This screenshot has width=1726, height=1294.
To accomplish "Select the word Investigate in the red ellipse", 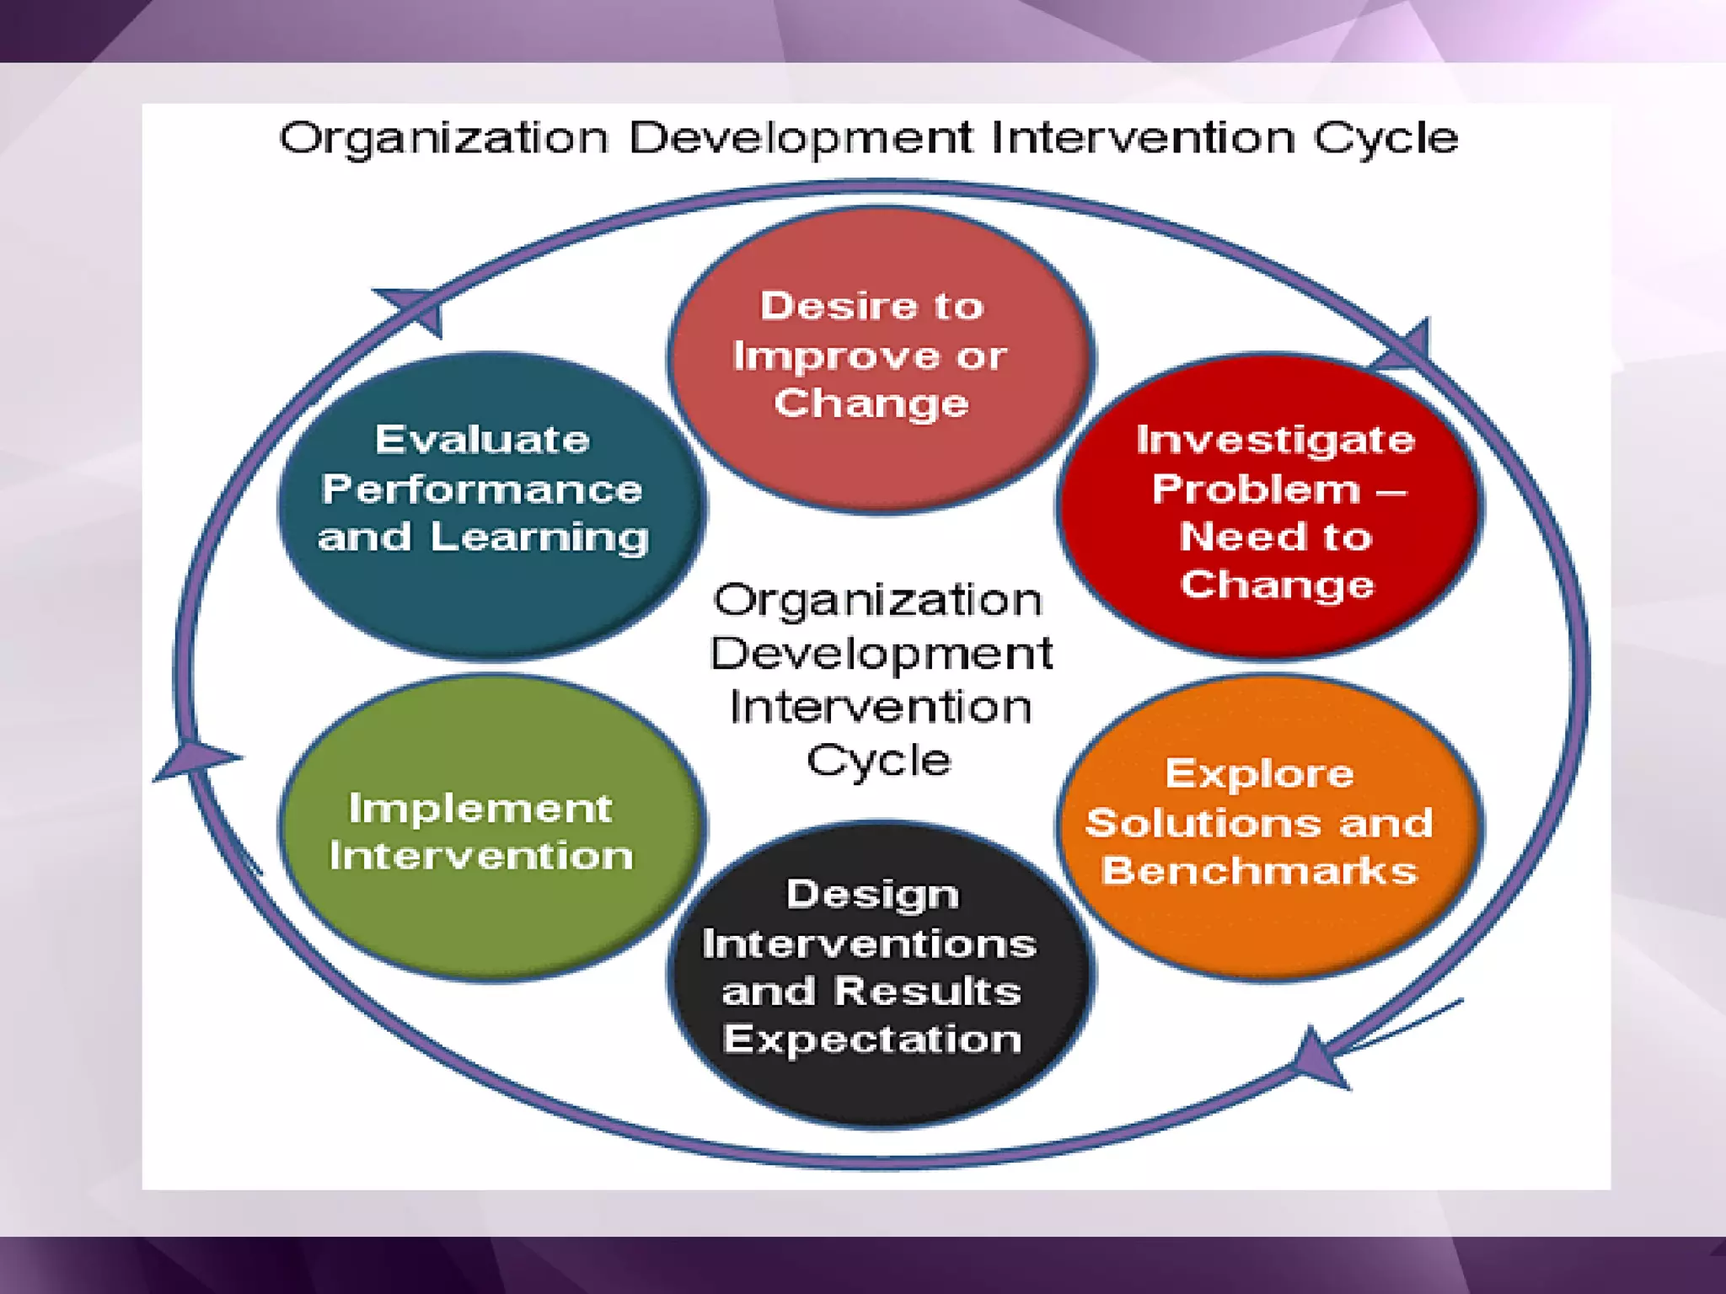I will point(1275,440).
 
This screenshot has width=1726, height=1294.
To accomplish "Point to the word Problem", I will point(1256,489).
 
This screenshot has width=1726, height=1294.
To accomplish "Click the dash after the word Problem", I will point(1391,490).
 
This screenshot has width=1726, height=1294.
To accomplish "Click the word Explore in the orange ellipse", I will point(1259,773).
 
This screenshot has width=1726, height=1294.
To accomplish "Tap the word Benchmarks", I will point(1259,870).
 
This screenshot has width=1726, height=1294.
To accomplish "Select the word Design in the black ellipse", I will point(872,894).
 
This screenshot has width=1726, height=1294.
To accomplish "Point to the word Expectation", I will point(872,1039).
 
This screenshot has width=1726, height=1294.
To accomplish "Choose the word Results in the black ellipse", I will point(927,991).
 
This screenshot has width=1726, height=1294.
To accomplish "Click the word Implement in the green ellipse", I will point(480,808).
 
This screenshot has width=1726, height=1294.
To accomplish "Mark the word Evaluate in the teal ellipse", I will point(482,440).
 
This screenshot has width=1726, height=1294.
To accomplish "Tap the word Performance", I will point(482,489).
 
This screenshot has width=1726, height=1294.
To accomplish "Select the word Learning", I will point(539,537).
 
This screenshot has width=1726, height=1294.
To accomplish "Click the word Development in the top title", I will point(801,137).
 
